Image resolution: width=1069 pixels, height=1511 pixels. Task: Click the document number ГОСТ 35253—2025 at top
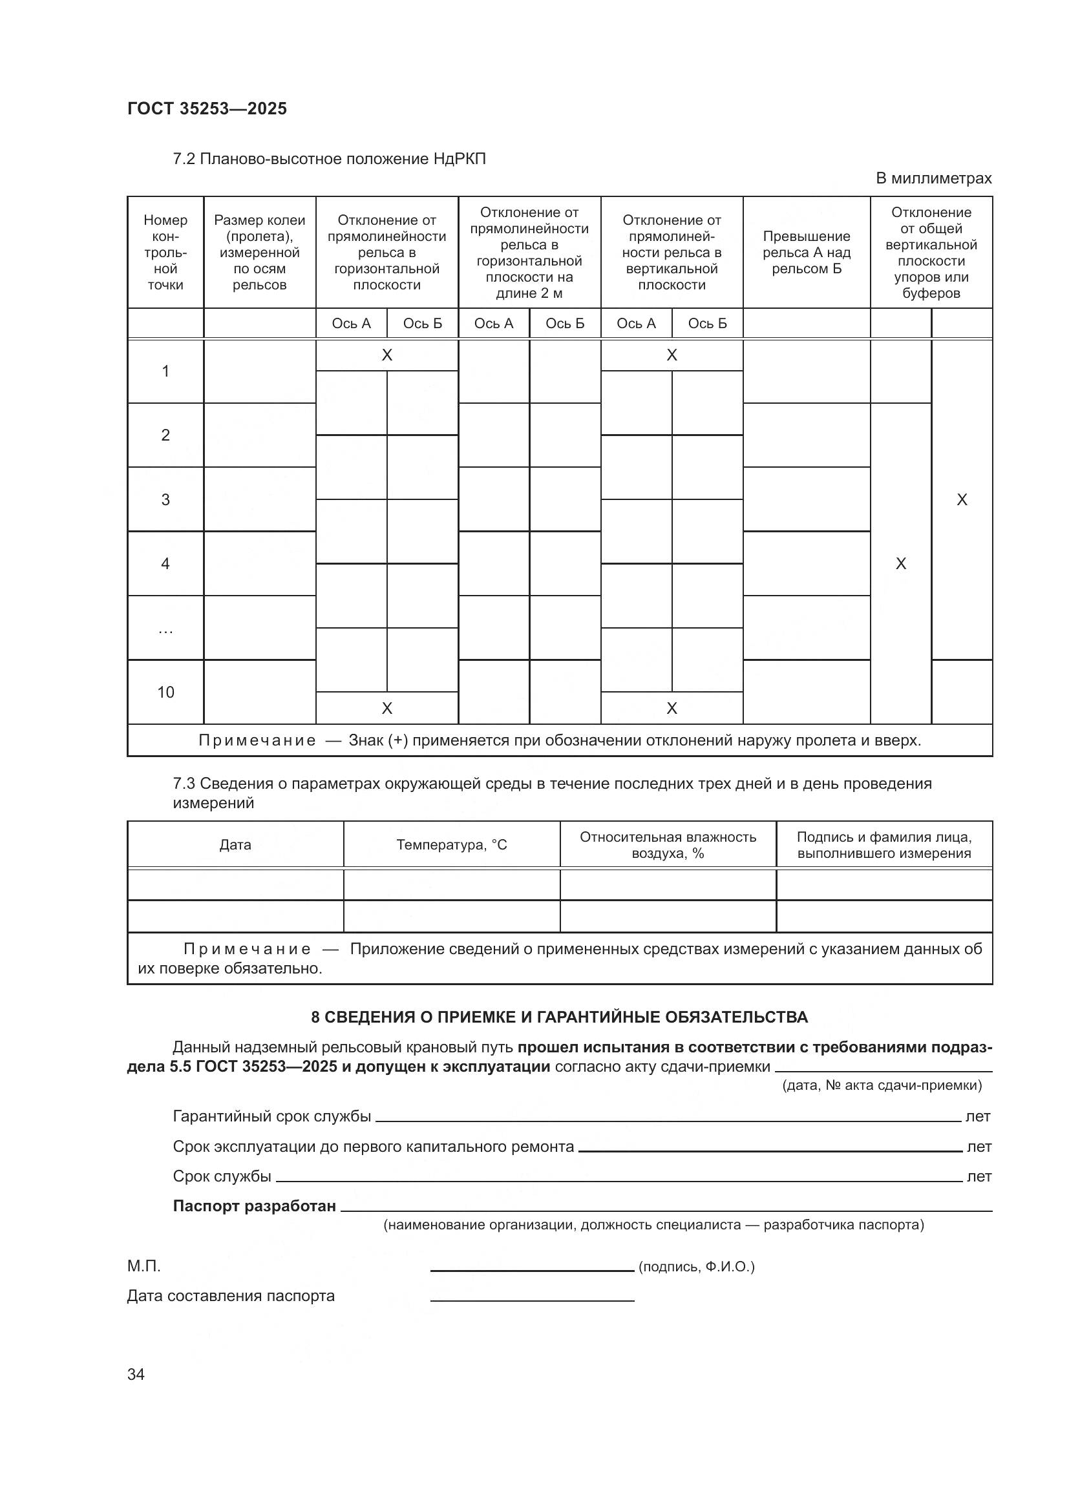tap(207, 109)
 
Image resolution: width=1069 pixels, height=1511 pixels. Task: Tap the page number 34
tap(136, 1375)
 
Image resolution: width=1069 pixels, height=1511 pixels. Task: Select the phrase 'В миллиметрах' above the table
tap(933, 178)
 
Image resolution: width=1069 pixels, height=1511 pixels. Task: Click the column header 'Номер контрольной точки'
tap(165, 252)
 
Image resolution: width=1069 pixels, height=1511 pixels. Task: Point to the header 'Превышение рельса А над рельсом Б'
tap(807, 252)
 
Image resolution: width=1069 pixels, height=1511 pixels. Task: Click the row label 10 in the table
tap(165, 692)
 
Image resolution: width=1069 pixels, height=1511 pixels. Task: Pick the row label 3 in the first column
tap(165, 499)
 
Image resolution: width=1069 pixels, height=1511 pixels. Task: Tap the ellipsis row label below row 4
tap(165, 630)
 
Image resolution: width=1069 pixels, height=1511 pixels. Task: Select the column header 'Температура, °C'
tap(452, 844)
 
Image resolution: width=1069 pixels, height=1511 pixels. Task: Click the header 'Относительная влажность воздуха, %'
tap(668, 845)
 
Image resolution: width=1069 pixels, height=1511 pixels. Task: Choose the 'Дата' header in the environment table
tap(235, 844)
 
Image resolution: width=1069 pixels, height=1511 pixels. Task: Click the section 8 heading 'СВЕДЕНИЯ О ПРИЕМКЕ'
tap(559, 1017)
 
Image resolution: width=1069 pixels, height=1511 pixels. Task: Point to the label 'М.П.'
tap(143, 1266)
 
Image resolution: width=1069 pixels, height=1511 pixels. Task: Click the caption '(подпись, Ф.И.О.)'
tap(697, 1266)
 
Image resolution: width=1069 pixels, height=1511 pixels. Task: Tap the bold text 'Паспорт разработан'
tap(254, 1205)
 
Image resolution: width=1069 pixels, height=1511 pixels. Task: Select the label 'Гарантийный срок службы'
tap(271, 1116)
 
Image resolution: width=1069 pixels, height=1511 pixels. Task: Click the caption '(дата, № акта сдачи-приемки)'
tap(882, 1085)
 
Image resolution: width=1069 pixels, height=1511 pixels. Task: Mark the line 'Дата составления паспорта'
tap(230, 1295)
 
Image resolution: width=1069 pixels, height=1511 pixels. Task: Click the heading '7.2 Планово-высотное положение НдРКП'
tap(329, 159)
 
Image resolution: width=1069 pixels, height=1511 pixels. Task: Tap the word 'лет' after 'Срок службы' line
tap(978, 1176)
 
